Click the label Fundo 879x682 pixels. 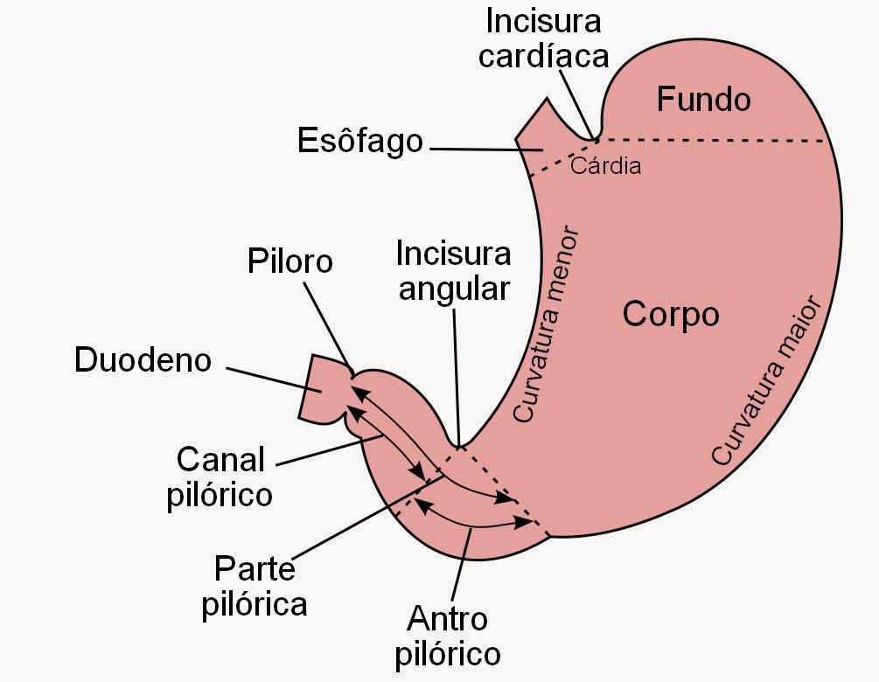[x=703, y=100]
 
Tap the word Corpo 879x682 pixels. [x=671, y=314]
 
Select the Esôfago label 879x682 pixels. [x=359, y=141]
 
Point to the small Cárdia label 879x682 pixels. [x=605, y=165]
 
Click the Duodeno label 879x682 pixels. [x=143, y=360]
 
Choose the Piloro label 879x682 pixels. [x=290, y=261]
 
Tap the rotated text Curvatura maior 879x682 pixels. [x=767, y=379]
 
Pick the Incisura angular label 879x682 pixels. [x=453, y=271]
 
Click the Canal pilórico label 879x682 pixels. [x=224, y=477]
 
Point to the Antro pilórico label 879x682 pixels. [x=447, y=637]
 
